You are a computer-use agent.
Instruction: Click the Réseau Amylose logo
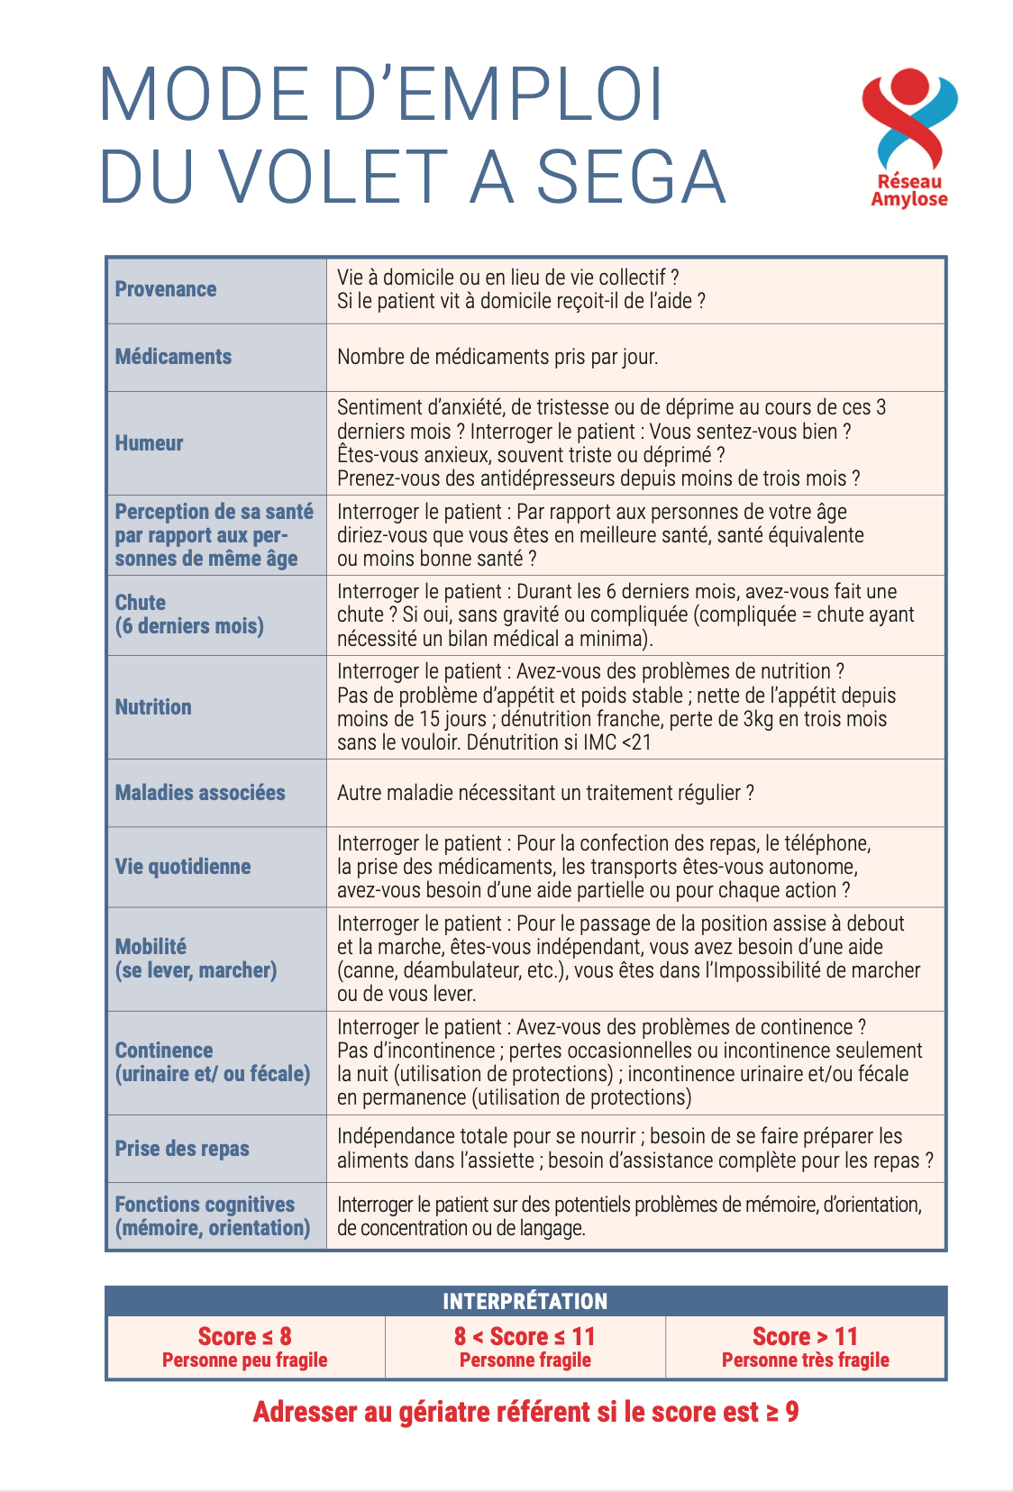click(x=908, y=138)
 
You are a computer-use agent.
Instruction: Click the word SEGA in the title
click(x=631, y=177)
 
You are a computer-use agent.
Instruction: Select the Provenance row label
click(x=166, y=289)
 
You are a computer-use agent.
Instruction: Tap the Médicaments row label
click(x=173, y=357)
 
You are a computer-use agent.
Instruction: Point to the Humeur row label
click(x=149, y=443)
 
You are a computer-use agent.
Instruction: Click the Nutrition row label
click(x=153, y=707)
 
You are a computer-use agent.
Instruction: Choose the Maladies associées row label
click(x=200, y=793)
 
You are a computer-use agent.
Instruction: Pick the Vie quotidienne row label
click(x=183, y=867)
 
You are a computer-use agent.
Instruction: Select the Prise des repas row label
click(x=182, y=1149)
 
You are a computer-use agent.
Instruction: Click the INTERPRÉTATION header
click(x=525, y=1301)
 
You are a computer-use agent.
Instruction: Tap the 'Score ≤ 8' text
click(x=244, y=1336)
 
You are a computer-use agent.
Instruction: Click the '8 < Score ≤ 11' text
click(x=525, y=1336)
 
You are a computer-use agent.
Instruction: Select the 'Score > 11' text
click(x=805, y=1336)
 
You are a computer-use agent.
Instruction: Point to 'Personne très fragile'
click(x=805, y=1360)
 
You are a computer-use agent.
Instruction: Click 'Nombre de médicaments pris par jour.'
click(x=497, y=357)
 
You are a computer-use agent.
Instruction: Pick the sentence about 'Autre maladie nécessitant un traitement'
click(x=545, y=793)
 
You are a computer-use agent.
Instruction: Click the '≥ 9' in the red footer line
click(x=782, y=1412)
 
